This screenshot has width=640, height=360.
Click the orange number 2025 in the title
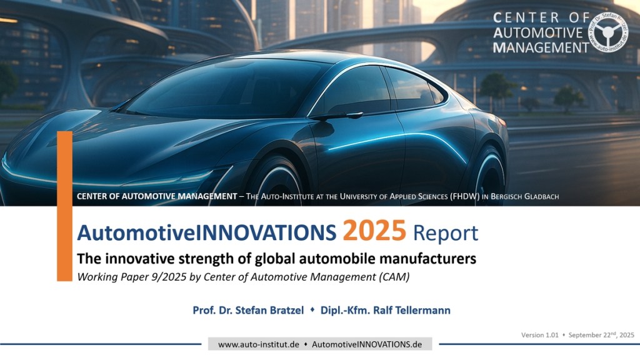374,231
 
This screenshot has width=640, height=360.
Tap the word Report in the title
445,234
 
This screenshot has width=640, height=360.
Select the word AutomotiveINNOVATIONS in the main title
206,232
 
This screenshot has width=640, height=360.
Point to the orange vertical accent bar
64,206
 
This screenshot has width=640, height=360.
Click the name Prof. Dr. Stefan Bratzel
248,310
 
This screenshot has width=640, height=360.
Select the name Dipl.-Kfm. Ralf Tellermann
385,310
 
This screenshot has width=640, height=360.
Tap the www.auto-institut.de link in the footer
258,344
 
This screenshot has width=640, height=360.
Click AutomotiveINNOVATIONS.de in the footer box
367,344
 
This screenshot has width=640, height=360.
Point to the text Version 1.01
539,335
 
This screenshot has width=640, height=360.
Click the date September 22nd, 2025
601,335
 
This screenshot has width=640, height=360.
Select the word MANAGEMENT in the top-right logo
541,47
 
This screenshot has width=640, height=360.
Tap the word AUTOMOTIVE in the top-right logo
538,32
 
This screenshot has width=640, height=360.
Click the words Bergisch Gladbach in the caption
524,196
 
